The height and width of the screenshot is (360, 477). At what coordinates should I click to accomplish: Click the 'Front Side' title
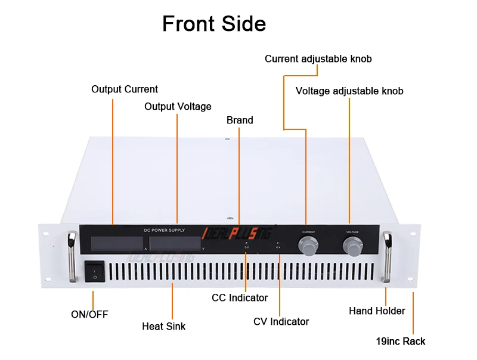coord(214,24)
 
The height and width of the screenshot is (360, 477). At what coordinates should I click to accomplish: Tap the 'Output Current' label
coord(125,89)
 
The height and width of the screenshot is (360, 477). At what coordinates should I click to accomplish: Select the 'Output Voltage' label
coord(178,107)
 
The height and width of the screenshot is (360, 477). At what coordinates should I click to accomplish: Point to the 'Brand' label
coord(240,120)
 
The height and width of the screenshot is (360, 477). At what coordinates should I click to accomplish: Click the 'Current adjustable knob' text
coord(318,59)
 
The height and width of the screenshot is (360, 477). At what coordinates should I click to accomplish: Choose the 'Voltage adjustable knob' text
coord(349,91)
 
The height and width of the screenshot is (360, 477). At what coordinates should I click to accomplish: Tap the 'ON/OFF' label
coord(90,314)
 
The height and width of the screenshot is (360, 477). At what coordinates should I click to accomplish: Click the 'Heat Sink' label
coord(163,327)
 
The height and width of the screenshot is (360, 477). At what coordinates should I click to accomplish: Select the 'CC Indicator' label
coord(240,297)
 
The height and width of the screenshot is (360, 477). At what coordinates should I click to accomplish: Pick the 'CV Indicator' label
coord(281,322)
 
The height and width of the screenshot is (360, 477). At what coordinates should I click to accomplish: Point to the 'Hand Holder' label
coord(377,311)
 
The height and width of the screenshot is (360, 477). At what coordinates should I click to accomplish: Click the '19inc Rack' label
coord(401,342)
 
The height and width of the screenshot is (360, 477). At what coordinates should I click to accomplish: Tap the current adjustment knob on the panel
coord(307,246)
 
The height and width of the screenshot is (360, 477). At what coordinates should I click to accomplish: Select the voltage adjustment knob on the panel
coord(352,246)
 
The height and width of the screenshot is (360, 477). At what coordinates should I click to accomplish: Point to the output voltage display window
coord(175,243)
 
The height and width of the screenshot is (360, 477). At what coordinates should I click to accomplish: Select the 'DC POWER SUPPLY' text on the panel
coord(165,230)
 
